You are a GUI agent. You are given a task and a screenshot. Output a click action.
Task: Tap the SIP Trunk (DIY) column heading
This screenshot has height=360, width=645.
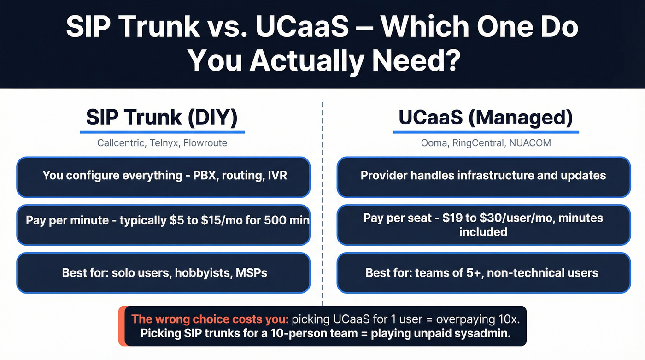[162, 118]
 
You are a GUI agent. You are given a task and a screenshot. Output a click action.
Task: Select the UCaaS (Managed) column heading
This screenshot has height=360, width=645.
[486, 118]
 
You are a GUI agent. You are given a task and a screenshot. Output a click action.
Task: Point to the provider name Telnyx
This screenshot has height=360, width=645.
[164, 143]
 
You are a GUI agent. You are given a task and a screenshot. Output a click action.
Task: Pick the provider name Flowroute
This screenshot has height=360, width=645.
[205, 143]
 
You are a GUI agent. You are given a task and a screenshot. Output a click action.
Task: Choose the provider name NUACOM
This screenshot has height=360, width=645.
[530, 143]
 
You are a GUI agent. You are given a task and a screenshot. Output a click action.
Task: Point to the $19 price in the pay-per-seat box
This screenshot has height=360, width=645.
[452, 218]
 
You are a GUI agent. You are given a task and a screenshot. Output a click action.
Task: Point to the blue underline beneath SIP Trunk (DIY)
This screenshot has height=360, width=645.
[162, 132]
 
